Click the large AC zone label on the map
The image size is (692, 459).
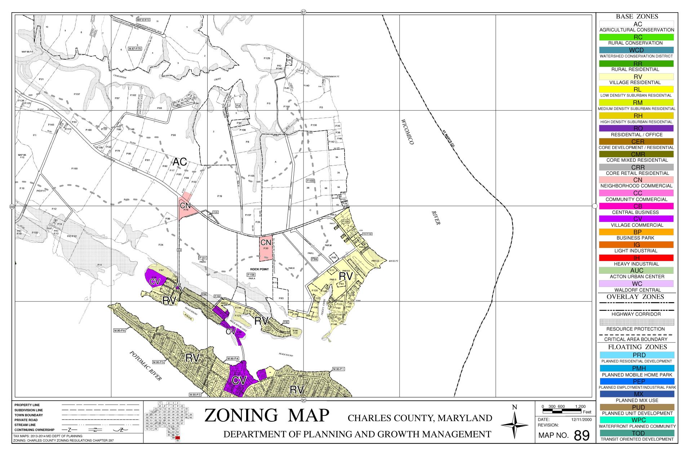point(179,162)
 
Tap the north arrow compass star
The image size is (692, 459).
point(514,425)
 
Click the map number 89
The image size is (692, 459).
point(581,436)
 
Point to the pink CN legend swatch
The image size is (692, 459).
point(637,180)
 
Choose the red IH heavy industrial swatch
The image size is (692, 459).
point(637,258)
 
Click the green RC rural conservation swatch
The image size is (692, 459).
point(637,37)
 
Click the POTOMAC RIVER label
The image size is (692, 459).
point(145,365)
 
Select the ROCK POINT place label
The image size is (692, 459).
point(259,269)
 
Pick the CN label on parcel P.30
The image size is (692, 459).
point(266,242)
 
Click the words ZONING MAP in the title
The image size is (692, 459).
point(267,415)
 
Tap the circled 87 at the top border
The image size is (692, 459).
point(303,12)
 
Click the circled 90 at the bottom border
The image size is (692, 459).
point(303,400)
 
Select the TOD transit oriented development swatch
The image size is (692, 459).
point(637,433)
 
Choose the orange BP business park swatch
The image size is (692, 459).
point(637,232)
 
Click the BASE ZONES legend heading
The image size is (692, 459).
point(637,16)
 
